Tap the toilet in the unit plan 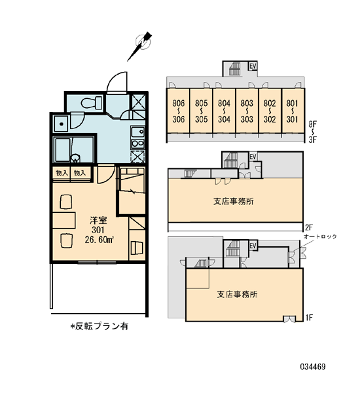[x=91, y=103]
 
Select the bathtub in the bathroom [x=63, y=149]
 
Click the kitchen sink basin [x=137, y=132]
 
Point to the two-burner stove [x=137, y=143]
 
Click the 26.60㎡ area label [x=99, y=240]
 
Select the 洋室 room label [x=98, y=221]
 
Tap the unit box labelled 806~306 [x=179, y=111]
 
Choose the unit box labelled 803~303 [x=247, y=111]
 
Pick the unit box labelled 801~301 [x=293, y=111]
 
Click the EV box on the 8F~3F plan [x=253, y=66]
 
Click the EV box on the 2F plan [x=253, y=157]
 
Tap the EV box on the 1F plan [x=253, y=246]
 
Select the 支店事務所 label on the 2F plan [x=234, y=201]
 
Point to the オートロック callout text [x=320, y=236]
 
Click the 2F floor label [x=309, y=227]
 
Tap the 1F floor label [x=309, y=318]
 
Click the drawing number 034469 [x=313, y=367]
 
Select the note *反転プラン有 [x=99, y=326]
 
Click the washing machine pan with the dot [x=61, y=124]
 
